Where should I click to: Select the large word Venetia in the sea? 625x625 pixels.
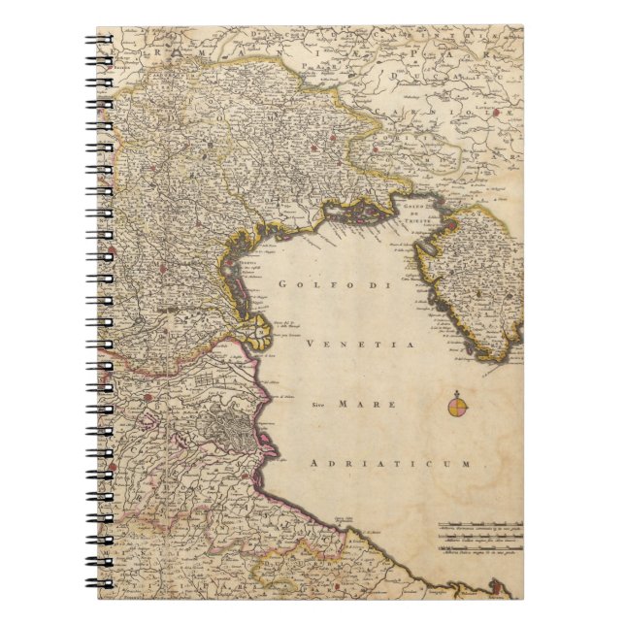360,345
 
